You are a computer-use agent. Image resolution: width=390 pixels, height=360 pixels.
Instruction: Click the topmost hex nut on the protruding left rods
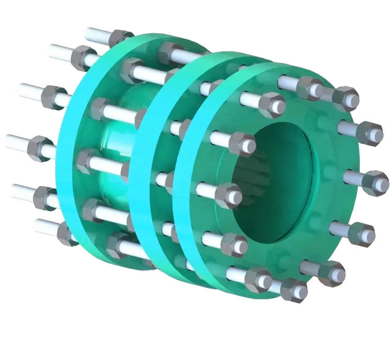pos(121,38)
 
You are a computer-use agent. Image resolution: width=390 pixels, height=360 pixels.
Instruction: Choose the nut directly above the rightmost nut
pos(369,133)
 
